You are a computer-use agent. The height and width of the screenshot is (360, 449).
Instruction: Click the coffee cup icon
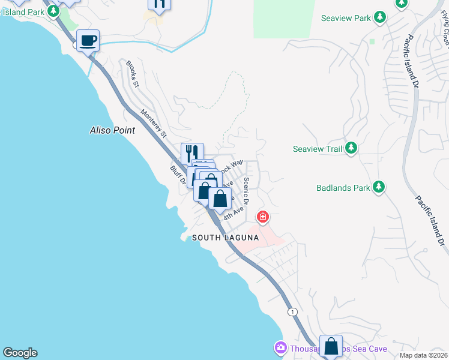(88, 41)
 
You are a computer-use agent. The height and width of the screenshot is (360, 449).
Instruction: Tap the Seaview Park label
(346, 18)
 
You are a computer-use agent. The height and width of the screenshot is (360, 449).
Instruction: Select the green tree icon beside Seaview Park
(379, 17)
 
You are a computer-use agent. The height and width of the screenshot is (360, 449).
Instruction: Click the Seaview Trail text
(317, 149)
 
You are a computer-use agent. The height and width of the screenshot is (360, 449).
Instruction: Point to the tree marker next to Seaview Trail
(351, 148)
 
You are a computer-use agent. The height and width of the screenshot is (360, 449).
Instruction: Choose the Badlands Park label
(342, 188)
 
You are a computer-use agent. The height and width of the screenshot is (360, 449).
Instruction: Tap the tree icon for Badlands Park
(379, 187)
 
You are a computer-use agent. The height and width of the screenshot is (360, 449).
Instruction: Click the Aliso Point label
(112, 130)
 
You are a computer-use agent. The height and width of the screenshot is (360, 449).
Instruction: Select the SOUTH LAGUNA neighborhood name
(225, 238)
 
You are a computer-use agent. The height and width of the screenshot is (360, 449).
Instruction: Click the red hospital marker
(262, 216)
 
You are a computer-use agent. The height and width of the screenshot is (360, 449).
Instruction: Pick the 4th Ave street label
(235, 211)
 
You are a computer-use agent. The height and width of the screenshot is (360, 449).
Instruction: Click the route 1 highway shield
(292, 311)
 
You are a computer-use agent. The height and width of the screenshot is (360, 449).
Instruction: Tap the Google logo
(20, 353)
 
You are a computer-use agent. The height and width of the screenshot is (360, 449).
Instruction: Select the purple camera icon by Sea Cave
(280, 347)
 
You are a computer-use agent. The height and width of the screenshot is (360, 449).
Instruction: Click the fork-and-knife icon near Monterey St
(192, 152)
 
